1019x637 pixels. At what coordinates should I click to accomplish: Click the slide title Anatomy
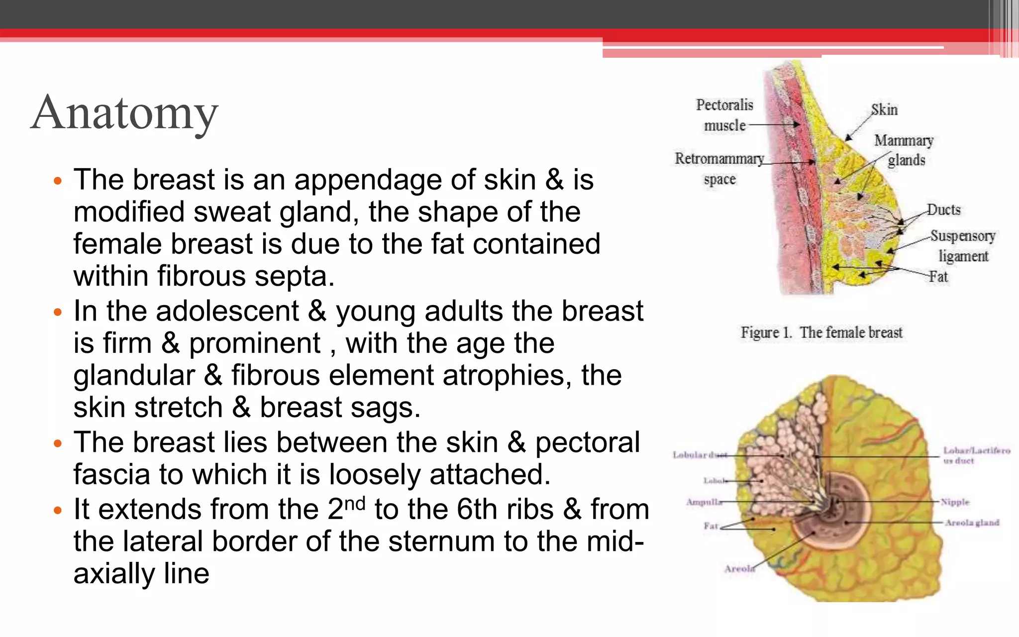coord(124,113)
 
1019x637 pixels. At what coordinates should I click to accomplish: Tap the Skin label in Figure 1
coord(884,109)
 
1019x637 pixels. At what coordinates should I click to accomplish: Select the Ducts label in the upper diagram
coord(944,210)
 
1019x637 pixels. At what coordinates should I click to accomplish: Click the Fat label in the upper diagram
coord(938,277)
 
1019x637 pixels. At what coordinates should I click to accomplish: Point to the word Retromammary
coord(719,159)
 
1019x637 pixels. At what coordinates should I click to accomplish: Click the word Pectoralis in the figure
coord(724,105)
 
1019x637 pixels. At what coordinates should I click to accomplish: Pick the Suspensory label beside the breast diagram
coord(963,236)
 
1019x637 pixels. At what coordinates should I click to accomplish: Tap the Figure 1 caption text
coord(821,332)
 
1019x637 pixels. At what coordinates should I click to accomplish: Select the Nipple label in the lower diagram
coord(955,502)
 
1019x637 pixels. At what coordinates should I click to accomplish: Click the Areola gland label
coord(972,523)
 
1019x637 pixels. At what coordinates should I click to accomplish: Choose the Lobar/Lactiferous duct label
coord(976,455)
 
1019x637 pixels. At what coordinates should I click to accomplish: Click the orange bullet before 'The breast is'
coord(58,181)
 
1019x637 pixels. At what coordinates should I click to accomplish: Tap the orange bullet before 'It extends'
coord(58,511)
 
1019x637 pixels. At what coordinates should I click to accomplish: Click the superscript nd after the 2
coord(355,504)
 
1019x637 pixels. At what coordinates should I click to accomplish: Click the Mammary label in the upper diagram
coord(904,141)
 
